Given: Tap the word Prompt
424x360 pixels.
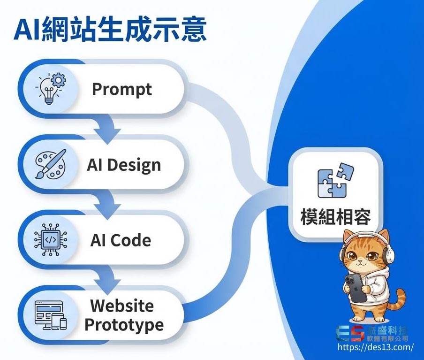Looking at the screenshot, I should pos(121,89).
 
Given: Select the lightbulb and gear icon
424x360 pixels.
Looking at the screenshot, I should pos(51,88).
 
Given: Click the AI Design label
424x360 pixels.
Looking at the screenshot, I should pos(124,165).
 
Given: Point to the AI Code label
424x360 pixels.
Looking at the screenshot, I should pos(121,240).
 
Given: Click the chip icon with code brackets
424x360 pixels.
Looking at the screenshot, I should pos(51,240).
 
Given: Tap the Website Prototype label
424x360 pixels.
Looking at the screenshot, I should pos(123,315).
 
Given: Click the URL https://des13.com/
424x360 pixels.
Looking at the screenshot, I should pos(375,348).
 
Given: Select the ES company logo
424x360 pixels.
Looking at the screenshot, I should pos(349,334).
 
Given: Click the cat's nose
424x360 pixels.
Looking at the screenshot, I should pos(358,261).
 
